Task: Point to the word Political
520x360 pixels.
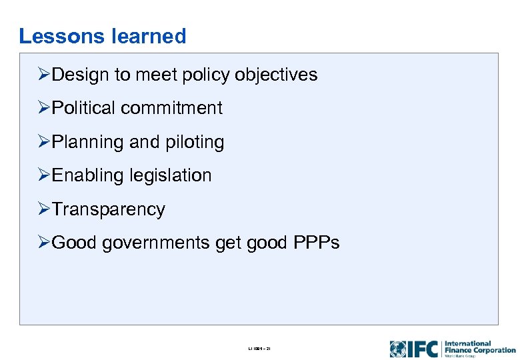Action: pos(85,108)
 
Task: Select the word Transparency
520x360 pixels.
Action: pos(108,209)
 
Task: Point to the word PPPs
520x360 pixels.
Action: pos(316,243)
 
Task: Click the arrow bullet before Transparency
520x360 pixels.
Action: pos(44,209)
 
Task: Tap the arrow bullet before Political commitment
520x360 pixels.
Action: pos(44,108)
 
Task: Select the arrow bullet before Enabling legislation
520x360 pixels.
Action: pos(44,175)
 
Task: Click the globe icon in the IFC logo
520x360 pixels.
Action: pos(398,349)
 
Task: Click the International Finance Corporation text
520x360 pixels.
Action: pos(479,347)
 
